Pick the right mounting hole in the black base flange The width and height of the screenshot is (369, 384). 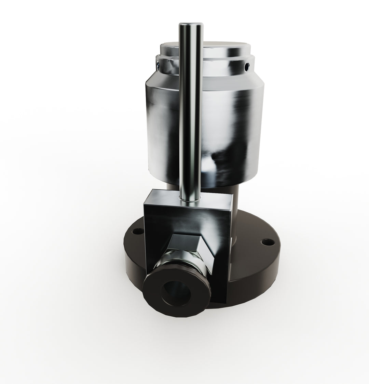tap(266, 243)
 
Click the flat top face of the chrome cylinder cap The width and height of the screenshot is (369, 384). tap(212, 48)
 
